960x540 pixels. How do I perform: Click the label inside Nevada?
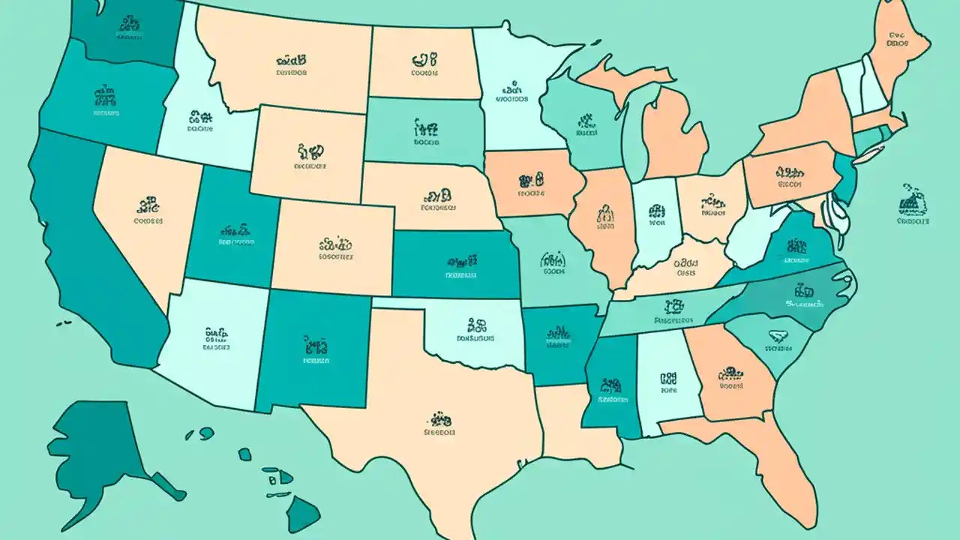point(148,211)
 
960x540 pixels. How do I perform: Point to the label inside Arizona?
point(217,338)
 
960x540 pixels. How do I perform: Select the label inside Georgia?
point(730,379)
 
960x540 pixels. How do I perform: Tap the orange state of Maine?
point(896,45)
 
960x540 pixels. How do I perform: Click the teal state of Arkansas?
point(559,341)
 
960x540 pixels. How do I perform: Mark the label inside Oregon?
point(105,103)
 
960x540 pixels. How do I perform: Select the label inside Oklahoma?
point(475,330)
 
